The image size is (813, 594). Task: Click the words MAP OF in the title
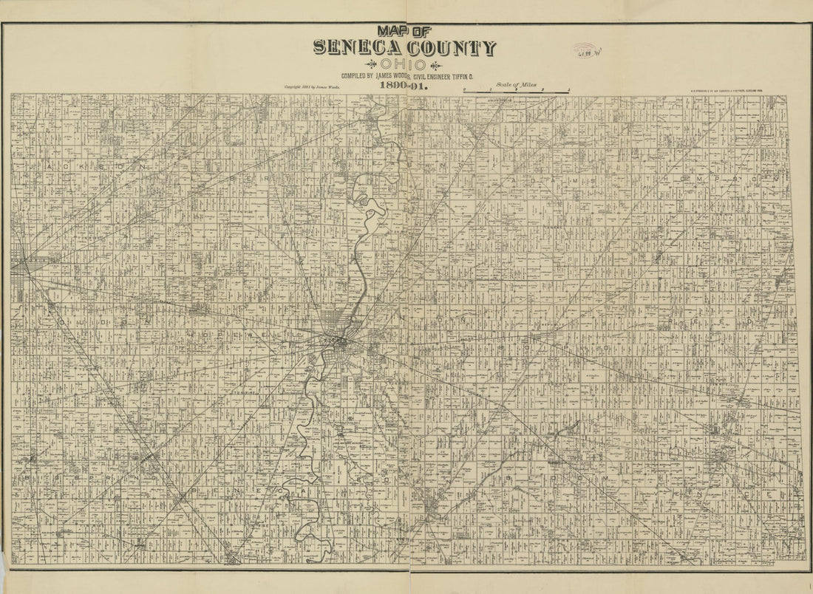(x=404, y=31)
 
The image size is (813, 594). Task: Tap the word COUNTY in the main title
(x=452, y=48)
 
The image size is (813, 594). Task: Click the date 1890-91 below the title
(x=404, y=86)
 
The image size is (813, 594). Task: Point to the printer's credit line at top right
(x=725, y=92)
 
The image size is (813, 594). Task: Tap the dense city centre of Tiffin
(x=340, y=341)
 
